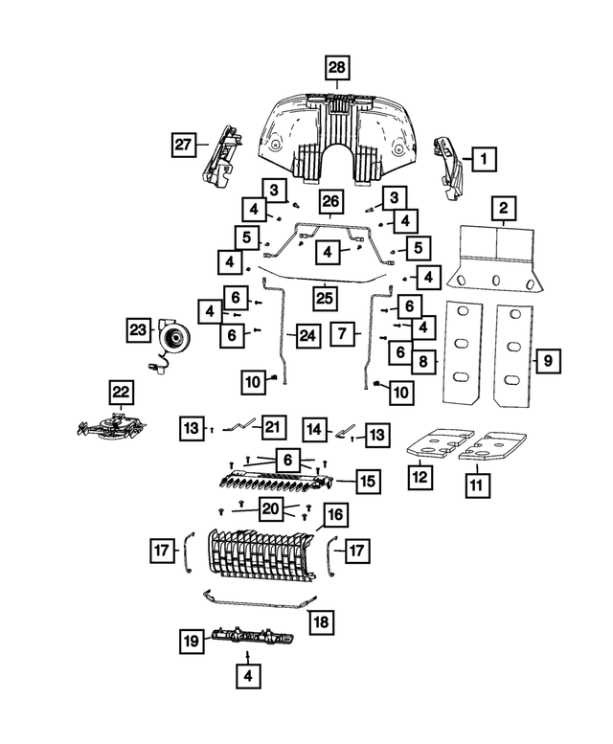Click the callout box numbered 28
pos(337,67)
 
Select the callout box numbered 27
pos(183,145)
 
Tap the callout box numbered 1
pos(484,159)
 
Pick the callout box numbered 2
pos(503,209)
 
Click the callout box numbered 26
pos(330,202)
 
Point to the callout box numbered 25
pos(325,299)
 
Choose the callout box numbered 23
pos(139,329)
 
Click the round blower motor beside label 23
pos(173,338)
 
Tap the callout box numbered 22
pos(121,392)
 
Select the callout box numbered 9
pos(548,361)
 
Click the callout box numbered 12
pos(420,477)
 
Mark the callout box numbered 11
pos(477,485)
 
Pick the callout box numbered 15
pos(368,481)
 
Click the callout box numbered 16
pos(335,515)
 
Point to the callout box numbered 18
pos(322,622)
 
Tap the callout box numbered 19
pos(192,642)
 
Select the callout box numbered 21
pos(273,427)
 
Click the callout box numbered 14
pos(315,429)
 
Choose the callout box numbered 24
pos(307,336)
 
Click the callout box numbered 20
pos(271,509)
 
